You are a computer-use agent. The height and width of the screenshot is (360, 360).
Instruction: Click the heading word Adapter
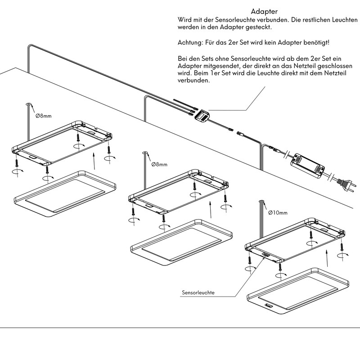pos(264,11)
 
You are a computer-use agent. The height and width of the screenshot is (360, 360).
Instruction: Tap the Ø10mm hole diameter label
pos(278,212)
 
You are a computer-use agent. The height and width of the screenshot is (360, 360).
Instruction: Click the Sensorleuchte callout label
pos(198,292)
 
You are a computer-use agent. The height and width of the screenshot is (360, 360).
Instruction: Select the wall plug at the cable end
pos(345,183)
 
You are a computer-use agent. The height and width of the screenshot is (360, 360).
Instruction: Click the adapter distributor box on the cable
pos(201,116)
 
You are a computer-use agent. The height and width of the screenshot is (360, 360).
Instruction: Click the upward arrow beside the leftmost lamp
pos(93,160)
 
